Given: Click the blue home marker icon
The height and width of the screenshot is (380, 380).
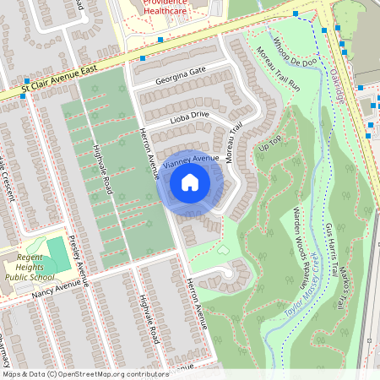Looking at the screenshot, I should (x=190, y=182).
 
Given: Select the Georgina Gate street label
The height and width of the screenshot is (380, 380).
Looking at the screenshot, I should (x=181, y=76).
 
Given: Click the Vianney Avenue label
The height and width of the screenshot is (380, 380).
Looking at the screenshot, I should (x=191, y=158).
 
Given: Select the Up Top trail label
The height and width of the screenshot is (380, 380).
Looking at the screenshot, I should (x=270, y=144).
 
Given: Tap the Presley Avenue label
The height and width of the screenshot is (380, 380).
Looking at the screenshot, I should (x=79, y=258).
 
